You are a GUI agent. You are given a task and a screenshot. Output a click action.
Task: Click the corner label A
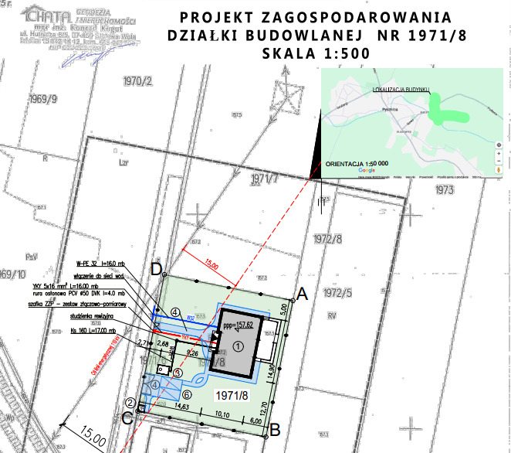click(x=303, y=294)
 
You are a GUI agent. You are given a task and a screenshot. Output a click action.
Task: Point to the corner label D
click(x=156, y=271)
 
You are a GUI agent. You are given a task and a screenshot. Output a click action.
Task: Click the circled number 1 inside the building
click(x=239, y=346)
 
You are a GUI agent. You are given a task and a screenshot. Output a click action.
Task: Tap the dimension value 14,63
click(x=182, y=405)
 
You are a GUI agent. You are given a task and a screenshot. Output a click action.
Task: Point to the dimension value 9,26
click(x=194, y=353)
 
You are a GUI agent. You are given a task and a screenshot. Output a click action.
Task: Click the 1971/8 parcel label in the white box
click(x=232, y=396)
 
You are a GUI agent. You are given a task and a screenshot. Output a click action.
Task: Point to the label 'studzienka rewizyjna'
click(x=99, y=316)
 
